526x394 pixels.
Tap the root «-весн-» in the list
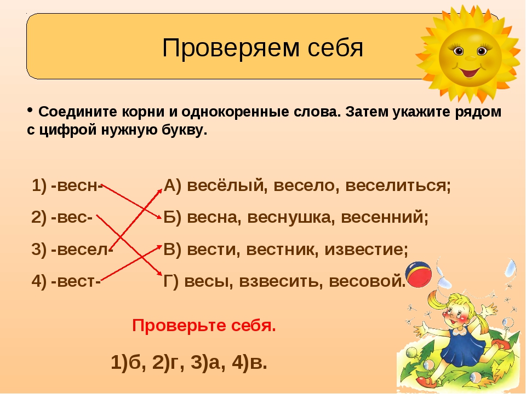pyautogui.click(x=77, y=186)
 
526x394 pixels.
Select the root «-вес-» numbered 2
pyautogui.click(x=71, y=217)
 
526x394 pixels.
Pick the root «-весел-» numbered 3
pyautogui.click(x=82, y=250)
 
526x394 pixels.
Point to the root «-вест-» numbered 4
pyautogui.click(x=76, y=281)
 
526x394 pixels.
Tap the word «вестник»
pyautogui.click(x=282, y=250)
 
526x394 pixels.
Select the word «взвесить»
pyautogui.click(x=281, y=281)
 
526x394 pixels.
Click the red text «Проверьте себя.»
pyautogui.click(x=204, y=325)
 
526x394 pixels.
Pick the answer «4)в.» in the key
pyautogui.click(x=250, y=362)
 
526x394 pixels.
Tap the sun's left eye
pyautogui.click(x=458, y=51)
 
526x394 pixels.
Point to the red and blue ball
pyautogui.click(x=418, y=275)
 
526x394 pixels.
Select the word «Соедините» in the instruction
pyautogui.click(x=78, y=112)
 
